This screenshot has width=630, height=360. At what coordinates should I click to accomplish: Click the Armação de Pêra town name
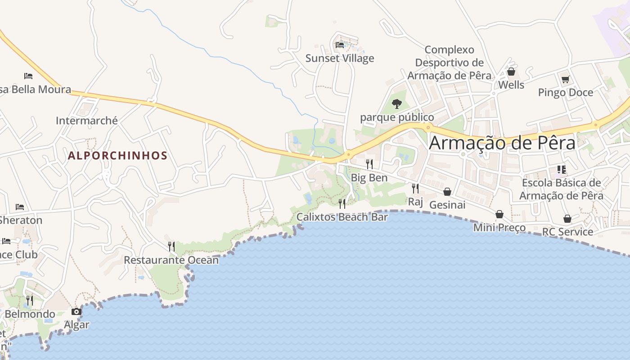pos(502,143)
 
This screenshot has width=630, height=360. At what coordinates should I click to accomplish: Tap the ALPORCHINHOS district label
pos(117,156)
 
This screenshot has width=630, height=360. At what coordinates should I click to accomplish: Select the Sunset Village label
pos(340,58)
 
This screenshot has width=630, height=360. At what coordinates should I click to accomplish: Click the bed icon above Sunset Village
pos(340,45)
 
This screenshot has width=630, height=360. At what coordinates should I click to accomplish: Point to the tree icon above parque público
pos(396,104)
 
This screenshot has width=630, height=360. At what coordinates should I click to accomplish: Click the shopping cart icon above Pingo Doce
pos(565,80)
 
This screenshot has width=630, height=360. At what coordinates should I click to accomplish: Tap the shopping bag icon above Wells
pos(511,72)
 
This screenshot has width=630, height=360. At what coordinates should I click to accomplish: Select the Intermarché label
pos(87,121)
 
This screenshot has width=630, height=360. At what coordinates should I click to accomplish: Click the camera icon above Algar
pos(76,311)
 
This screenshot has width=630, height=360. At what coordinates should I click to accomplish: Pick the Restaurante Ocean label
pos(171,260)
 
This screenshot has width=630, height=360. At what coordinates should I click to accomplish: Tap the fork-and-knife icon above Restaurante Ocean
pos(171,246)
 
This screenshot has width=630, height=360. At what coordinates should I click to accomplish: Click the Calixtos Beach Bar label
pos(342,217)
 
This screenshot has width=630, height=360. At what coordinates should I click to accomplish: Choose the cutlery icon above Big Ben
pos(369,164)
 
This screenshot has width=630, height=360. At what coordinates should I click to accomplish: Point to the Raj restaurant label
pos(415,202)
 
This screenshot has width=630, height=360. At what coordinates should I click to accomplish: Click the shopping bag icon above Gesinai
pos(447,192)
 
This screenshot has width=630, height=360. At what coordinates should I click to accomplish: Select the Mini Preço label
pos(499,228)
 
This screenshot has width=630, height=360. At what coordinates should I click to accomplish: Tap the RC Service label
pos(567,232)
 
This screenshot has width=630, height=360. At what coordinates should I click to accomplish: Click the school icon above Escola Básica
pos(561,170)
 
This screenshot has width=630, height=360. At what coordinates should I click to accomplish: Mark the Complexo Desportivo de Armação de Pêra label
pos(449,63)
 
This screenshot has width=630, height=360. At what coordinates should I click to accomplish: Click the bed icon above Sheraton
pos(20,207)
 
